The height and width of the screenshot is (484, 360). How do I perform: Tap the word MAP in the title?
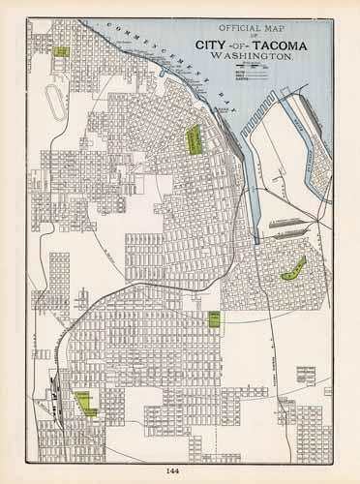coord(268,31)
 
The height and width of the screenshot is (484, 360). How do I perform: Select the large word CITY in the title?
coord(214,45)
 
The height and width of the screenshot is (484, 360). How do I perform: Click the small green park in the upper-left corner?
coord(62,51)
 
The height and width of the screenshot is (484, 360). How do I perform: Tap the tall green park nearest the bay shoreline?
coord(194,140)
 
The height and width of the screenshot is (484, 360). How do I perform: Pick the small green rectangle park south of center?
coord(213,319)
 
